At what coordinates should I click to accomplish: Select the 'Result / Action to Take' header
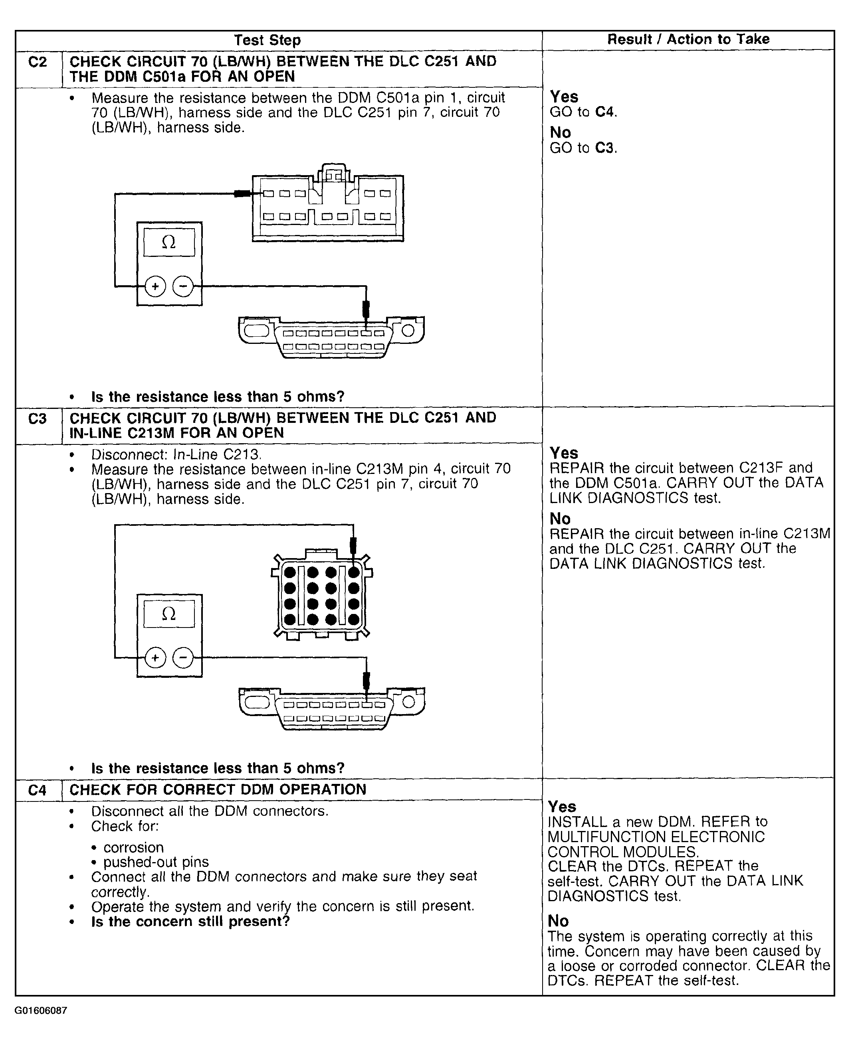[x=688, y=39]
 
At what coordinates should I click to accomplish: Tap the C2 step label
[x=38, y=62]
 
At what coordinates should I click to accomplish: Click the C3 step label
[x=38, y=419]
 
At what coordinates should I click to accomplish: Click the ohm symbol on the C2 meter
[x=168, y=242]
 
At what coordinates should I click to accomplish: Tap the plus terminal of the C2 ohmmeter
[x=155, y=286]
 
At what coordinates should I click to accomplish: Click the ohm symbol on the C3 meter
[x=168, y=614]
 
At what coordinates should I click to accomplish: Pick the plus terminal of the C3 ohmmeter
[x=155, y=658]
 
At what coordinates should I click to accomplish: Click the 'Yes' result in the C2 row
[x=564, y=97]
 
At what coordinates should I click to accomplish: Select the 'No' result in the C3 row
[x=560, y=518]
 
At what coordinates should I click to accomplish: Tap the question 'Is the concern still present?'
[x=190, y=922]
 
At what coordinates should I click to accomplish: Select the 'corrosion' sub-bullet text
[x=133, y=847]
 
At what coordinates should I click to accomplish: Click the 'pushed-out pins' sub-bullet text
[x=156, y=862]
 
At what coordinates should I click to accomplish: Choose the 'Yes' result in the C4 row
[x=562, y=806]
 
